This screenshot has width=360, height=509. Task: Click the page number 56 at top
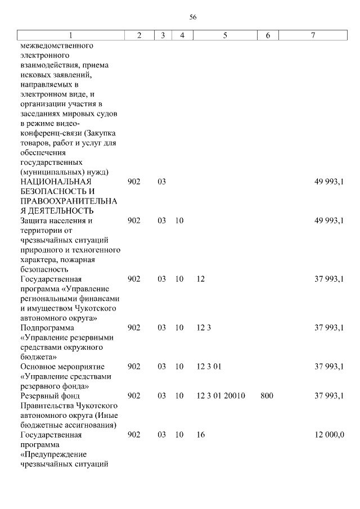click(x=193, y=17)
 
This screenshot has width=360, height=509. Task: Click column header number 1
click(x=70, y=35)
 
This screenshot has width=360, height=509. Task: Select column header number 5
click(x=224, y=35)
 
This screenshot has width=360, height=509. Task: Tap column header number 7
click(x=313, y=35)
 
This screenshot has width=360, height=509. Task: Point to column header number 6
click(x=268, y=35)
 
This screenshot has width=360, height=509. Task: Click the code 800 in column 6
click(x=267, y=396)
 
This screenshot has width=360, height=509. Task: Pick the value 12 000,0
click(x=329, y=435)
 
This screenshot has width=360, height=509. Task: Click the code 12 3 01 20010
click(x=221, y=396)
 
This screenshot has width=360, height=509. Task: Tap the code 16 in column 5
click(x=201, y=435)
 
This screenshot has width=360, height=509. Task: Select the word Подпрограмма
click(x=47, y=328)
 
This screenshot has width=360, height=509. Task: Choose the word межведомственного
click(x=57, y=46)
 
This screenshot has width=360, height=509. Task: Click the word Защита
click(x=35, y=221)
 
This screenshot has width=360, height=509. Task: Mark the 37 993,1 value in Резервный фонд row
click(x=329, y=396)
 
